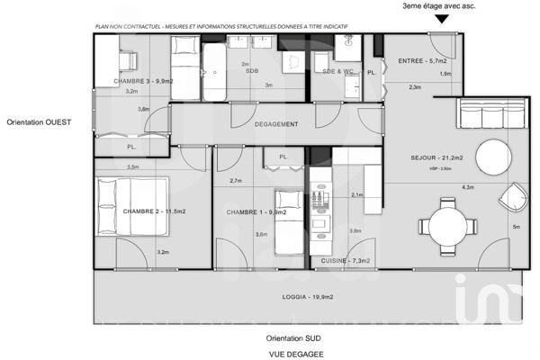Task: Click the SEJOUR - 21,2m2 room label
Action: tap(436, 158)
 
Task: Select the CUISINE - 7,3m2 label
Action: tap(346, 261)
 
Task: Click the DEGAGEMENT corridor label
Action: tap(276, 124)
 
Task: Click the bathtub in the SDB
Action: tap(215, 72)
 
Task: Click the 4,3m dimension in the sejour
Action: tap(467, 187)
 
